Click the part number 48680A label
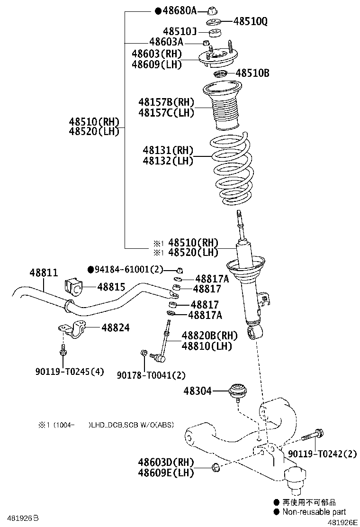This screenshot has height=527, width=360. (180, 10)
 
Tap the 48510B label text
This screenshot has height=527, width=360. (252, 73)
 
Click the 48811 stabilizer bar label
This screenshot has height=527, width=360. (44, 273)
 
